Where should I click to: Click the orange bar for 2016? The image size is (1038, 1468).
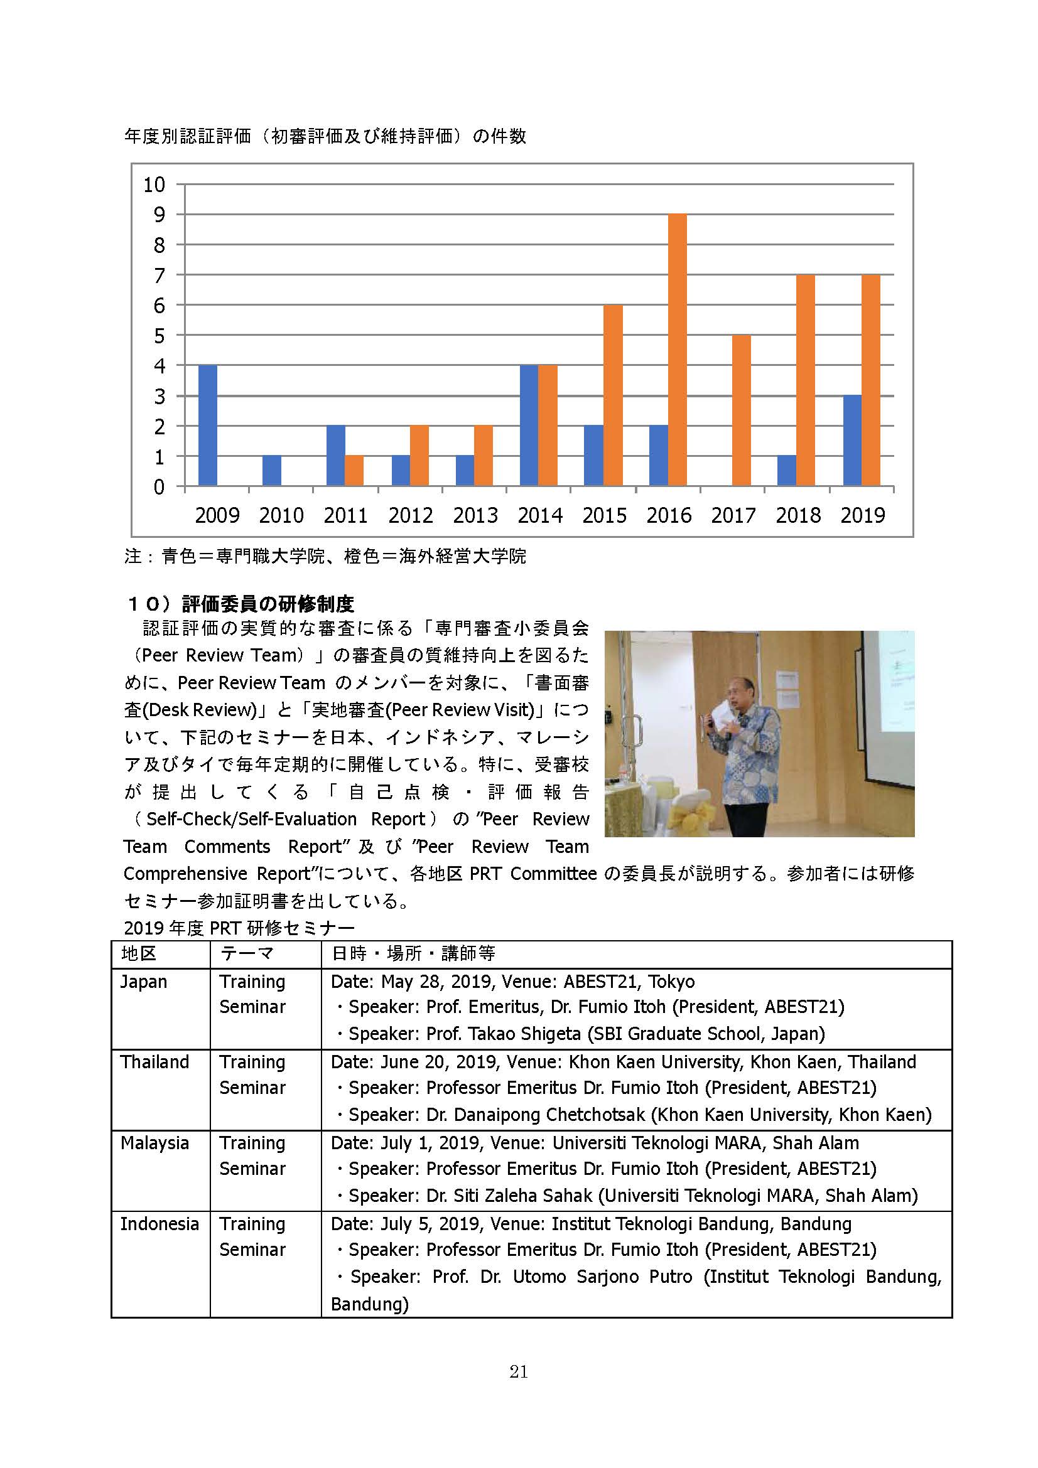[678, 350]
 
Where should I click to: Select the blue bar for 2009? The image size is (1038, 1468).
[208, 425]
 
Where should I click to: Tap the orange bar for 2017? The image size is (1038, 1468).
[741, 410]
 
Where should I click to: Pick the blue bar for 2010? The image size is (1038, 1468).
[272, 471]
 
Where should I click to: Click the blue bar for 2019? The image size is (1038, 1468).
[852, 441]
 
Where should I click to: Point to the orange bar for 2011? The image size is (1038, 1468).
[354, 471]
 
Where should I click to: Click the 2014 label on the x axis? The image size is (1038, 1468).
[540, 515]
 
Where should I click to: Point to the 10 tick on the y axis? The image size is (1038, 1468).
[154, 185]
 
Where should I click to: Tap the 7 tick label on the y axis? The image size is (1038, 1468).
[159, 276]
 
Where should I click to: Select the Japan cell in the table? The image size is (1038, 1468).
[144, 982]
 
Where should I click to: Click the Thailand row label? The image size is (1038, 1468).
[154, 1062]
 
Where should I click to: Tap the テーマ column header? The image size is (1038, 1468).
[247, 954]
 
